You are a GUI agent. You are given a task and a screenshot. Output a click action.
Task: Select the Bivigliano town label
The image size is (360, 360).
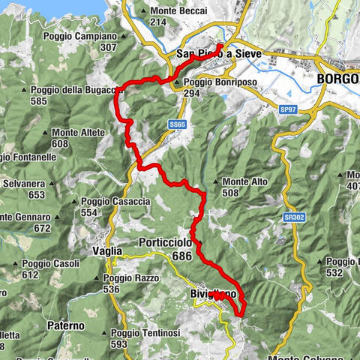click(214, 295)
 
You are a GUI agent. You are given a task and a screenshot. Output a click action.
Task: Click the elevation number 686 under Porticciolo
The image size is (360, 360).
click(182, 256)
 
